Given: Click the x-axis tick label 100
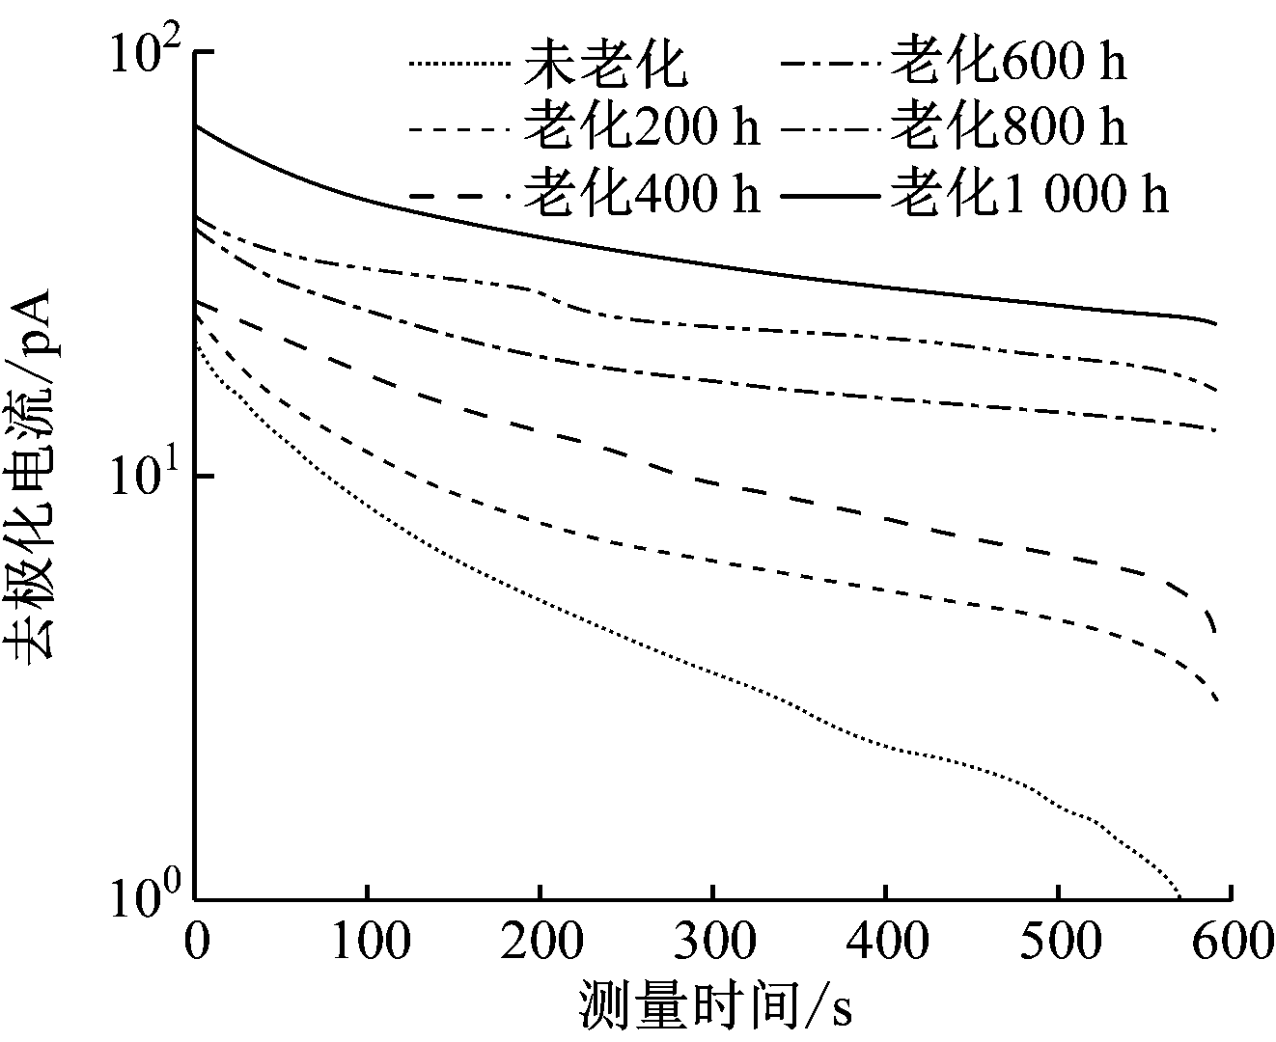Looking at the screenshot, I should [367, 942].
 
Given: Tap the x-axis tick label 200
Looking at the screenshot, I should [540, 942].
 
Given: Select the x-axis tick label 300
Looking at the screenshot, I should [712, 942].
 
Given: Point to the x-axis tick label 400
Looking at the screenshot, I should [885, 942].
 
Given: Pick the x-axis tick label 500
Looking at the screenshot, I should [1058, 942].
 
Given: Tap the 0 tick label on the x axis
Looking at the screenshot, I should [196, 942].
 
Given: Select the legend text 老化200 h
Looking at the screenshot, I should [642, 127].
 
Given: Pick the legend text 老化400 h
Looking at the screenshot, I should [642, 194].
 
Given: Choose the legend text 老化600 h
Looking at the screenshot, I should [1008, 62].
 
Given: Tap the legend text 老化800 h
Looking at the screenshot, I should [1008, 127].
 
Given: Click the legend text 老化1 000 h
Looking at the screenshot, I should [1029, 194].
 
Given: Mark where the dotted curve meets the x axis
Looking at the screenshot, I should [1180, 898].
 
